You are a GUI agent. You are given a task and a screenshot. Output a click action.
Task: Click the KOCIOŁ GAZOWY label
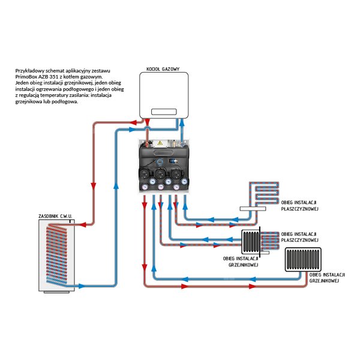coord(163,69)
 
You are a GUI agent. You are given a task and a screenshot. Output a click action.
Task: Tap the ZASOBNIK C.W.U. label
coord(55,216)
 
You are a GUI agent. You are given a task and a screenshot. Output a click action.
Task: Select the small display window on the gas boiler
coord(164,112)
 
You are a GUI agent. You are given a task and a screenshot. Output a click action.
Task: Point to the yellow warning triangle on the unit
coord(160,143)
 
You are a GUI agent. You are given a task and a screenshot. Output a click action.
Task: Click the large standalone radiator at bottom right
coord(303,260)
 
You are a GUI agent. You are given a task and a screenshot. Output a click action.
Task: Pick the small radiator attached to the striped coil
coord(250,242)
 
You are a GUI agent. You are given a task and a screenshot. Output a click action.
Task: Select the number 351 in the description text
coord(54,77)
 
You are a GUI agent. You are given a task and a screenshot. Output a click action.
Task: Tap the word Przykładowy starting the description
coord(29,71)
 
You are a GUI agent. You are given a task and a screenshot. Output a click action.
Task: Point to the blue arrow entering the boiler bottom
coord(182,122)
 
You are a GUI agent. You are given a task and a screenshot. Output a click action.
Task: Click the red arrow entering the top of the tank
coord(83,224)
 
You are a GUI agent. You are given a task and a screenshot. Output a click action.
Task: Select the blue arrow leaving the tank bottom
coord(82,286)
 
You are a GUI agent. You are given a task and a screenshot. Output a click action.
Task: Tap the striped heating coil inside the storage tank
coord(56,254)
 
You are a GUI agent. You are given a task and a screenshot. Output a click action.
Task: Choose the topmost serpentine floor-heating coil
coord(265,193)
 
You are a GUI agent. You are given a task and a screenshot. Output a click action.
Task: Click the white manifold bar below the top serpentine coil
coord(253,209)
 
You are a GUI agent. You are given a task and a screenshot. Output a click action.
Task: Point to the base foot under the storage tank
coord(56,292)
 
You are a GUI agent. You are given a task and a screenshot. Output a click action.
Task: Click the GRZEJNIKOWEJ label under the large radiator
coord(324,281)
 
